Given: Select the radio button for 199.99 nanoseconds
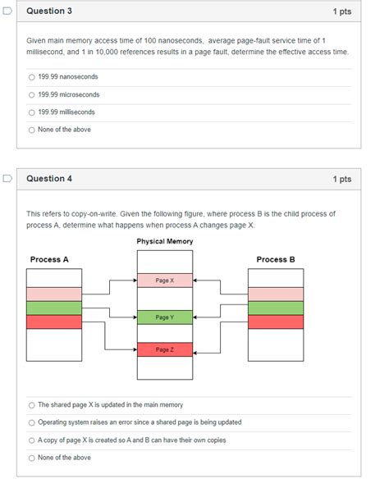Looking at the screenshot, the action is point(31,77).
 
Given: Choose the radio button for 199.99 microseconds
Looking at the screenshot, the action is point(31,95).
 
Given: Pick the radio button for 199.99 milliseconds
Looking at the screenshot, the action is point(31,112).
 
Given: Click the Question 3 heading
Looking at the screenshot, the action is point(49,11).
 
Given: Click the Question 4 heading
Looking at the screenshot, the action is point(49,179).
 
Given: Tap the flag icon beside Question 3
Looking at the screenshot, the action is point(7,11).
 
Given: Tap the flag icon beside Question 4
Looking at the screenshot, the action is point(7,178).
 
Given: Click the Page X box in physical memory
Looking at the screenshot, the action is point(165,280).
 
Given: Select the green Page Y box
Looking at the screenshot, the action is point(165,317).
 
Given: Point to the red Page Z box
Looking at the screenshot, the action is point(165,349).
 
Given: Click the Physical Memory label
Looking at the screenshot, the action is point(165,241).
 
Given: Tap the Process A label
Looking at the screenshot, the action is point(49,259).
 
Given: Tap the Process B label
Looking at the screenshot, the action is point(276,259).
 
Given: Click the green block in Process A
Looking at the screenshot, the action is point(54,308).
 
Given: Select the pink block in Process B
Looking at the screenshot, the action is point(276,294).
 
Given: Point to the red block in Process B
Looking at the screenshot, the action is point(276,322).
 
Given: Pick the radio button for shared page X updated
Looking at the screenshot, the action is point(31,405).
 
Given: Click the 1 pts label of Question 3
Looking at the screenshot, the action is point(342,11).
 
